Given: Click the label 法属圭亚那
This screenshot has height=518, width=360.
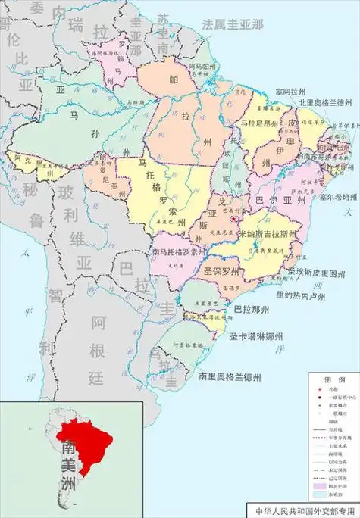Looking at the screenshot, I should point(232,23).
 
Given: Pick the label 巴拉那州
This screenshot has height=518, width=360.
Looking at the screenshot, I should point(250,310).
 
